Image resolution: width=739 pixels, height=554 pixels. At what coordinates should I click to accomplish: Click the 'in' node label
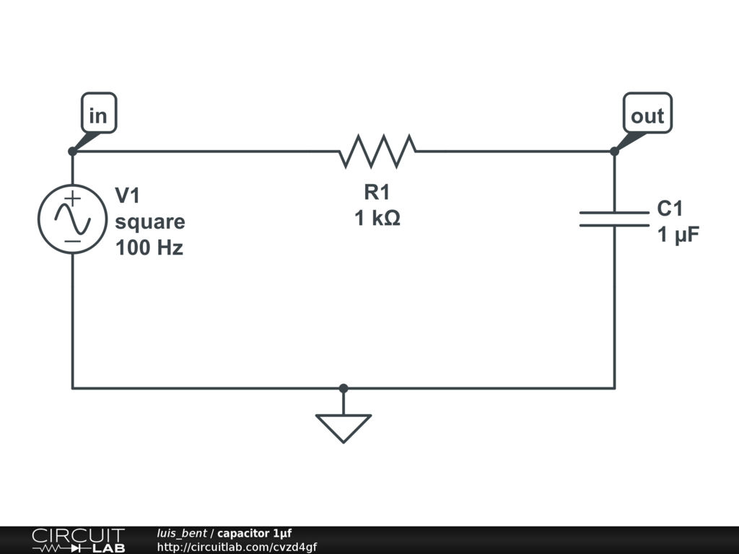click(97, 115)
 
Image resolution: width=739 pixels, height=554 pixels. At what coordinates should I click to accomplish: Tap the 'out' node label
click(647, 115)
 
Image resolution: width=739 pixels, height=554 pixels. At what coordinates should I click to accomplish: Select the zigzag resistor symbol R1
click(377, 151)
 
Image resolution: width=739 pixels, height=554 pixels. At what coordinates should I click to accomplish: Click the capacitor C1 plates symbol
click(614, 219)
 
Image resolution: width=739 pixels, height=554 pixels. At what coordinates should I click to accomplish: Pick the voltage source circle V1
click(73, 219)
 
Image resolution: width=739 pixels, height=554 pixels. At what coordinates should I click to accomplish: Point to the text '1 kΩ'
click(377, 218)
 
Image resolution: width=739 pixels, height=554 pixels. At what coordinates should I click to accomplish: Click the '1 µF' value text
click(678, 235)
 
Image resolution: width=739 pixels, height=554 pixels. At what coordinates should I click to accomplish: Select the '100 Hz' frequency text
click(149, 248)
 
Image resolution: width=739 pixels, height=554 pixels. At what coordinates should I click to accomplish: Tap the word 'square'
click(150, 222)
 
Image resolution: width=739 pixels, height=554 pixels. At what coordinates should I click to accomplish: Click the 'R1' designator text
click(377, 192)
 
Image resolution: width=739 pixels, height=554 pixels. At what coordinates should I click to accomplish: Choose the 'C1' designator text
click(670, 209)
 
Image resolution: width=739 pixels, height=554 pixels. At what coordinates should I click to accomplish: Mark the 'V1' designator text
click(128, 195)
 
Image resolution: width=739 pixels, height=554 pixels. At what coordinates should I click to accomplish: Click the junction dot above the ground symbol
click(344, 388)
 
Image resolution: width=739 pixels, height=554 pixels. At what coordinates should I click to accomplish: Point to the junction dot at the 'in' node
click(72, 151)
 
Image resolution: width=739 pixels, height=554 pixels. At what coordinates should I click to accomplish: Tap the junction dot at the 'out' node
click(614, 151)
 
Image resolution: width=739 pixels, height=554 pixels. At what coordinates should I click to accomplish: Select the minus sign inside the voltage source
click(73, 240)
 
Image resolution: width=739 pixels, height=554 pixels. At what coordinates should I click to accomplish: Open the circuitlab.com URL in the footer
click(237, 547)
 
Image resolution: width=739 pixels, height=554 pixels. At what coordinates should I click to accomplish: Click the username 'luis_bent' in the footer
click(182, 533)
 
